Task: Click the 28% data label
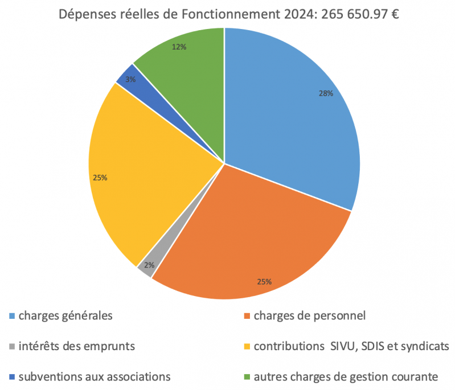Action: pos(326,94)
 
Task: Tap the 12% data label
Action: pos(179,47)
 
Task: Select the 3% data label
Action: pos(130,80)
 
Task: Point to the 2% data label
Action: pos(149,265)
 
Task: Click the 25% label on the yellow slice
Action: pos(100,178)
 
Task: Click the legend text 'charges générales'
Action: pos(65,315)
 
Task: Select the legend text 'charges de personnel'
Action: pos(310,315)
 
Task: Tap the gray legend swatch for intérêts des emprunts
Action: pos(13,346)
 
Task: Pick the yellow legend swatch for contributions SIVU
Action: pos(247,346)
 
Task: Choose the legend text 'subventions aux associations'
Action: pos(95,376)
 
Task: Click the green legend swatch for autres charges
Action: pos(247,376)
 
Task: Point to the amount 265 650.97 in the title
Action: pos(352,14)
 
